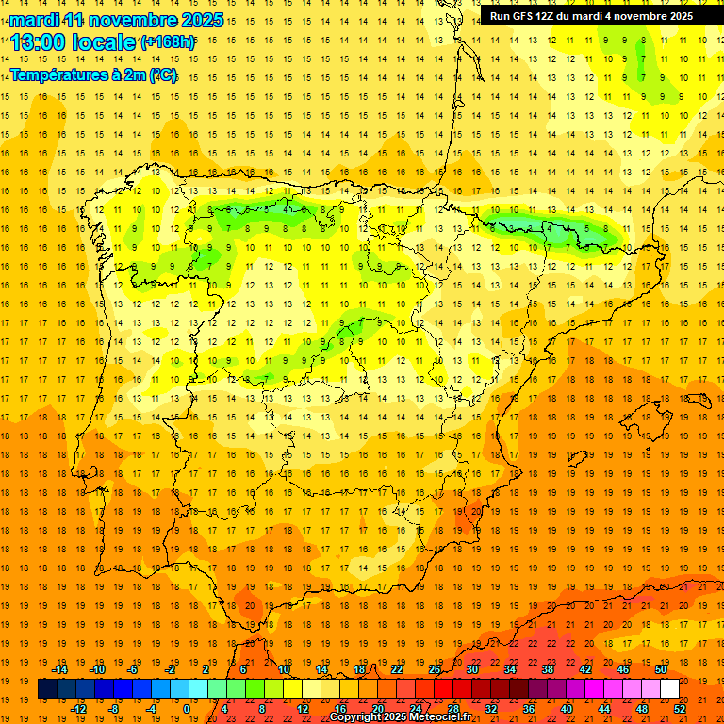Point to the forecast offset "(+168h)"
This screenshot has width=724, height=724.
tap(168, 42)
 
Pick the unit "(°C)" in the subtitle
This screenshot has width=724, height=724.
tap(162, 74)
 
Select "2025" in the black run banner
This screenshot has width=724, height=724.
tap(677, 16)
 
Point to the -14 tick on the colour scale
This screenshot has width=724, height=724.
tap(59, 669)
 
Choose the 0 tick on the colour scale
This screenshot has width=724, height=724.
tap(187, 709)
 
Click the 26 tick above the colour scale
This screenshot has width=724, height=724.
tap(435, 669)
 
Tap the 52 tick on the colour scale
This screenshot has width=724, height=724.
tap(680, 709)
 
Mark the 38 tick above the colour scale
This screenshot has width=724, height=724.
tap(547, 669)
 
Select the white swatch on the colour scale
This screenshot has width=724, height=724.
tap(669, 689)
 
